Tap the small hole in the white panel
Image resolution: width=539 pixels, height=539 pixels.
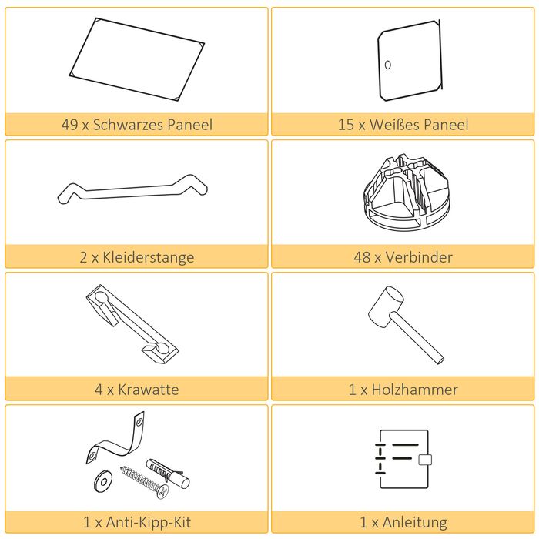388,65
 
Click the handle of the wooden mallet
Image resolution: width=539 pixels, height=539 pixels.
418,337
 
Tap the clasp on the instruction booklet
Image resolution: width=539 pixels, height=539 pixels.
425,460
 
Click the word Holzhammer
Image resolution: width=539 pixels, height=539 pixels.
414,390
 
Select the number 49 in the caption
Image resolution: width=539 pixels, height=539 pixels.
69,125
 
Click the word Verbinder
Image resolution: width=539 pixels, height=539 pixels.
419,257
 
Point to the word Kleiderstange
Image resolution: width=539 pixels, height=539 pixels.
149,257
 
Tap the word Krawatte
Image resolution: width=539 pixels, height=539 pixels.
149,390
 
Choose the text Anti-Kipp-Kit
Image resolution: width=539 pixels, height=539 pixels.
149,522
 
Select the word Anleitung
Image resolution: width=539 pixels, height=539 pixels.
415,523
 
